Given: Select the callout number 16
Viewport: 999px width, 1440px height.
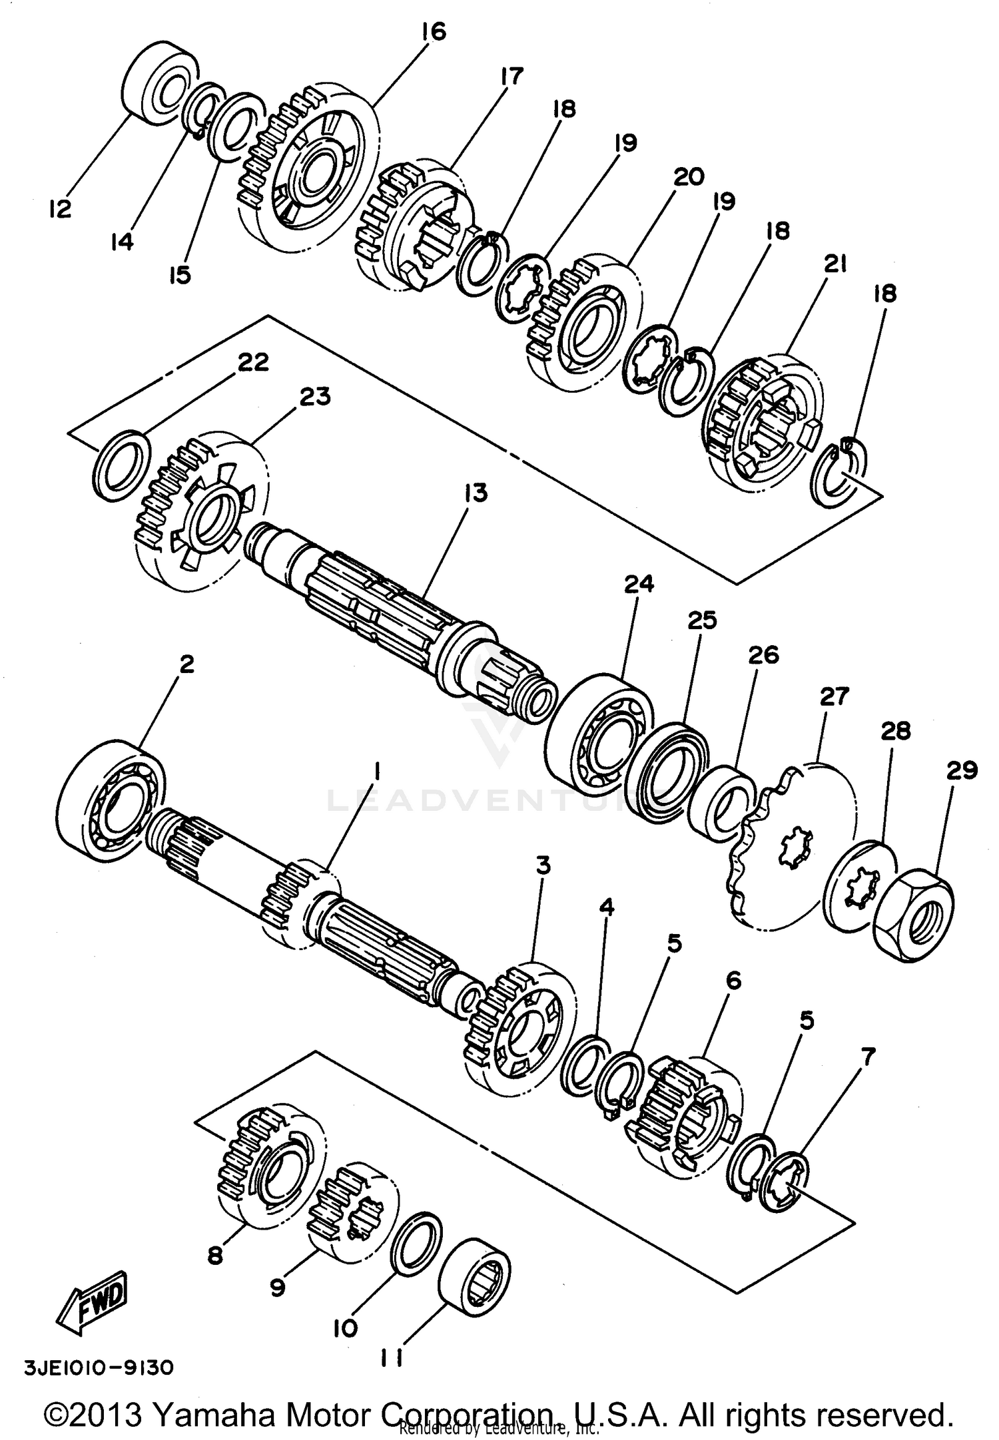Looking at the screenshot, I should click(433, 31).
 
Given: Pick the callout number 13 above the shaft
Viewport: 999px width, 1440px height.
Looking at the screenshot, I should click(476, 493).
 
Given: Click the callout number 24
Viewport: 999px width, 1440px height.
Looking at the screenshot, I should click(639, 584).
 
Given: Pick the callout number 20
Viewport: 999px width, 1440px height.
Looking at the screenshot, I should click(688, 177).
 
